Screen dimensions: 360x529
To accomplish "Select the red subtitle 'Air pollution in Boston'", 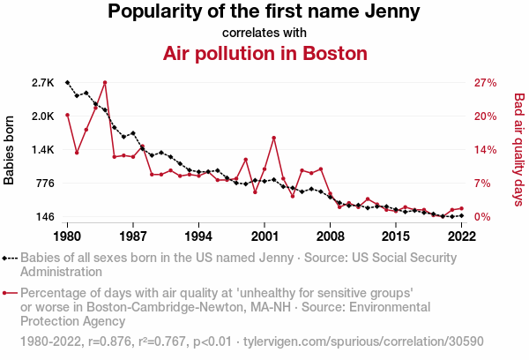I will coord(264,53).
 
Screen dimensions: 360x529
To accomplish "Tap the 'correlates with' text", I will coord(264,33).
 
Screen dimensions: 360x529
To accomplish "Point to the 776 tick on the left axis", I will coord(45,184).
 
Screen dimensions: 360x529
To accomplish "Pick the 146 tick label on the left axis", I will coord(45,217).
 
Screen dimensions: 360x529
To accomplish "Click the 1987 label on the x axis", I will coord(133,236).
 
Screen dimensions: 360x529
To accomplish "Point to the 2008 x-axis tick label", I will coord(331,236).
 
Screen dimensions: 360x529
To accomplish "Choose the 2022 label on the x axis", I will coord(461,236).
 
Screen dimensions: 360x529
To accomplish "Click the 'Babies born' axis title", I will coord(10,150).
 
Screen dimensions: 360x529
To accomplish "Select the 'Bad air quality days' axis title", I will coord(519,149).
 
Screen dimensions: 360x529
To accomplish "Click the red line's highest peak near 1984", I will coord(105,82).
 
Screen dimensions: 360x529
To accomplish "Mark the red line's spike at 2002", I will coord(274,138).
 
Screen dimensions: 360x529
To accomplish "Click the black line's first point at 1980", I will coord(67,82).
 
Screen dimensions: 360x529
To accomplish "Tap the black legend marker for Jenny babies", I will coord(10,259).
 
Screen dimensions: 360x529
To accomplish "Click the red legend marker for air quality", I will coord(10,293).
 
